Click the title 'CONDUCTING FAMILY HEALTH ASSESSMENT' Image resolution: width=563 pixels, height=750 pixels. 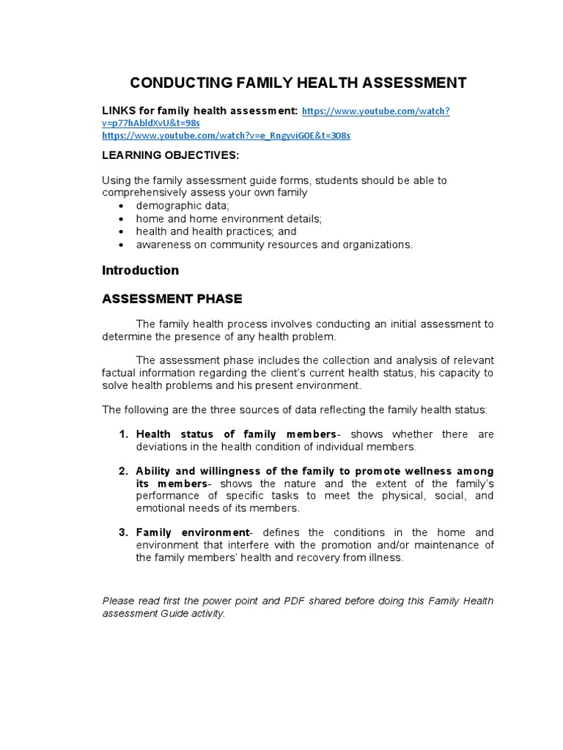[298, 82]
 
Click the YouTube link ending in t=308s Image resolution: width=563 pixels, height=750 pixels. [226, 136]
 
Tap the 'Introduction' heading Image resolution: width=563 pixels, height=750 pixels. [140, 270]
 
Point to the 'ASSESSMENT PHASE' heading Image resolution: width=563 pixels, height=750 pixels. [172, 299]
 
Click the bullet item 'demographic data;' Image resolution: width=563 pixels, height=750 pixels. [183, 206]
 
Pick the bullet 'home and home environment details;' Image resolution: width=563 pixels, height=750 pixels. [229, 218]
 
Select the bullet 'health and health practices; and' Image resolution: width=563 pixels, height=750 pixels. [216, 231]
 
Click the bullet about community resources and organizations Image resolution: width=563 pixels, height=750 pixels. [274, 245]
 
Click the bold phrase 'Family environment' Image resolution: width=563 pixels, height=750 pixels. [193, 532]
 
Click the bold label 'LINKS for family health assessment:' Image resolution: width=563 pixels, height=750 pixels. [199, 111]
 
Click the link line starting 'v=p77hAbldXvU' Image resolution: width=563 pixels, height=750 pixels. [150, 124]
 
